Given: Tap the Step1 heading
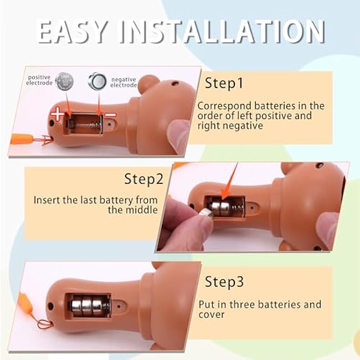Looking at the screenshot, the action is (224, 83).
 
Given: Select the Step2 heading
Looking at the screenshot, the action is (144, 179).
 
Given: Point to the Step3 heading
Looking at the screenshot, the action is (224, 281).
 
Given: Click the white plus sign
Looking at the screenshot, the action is (57, 114).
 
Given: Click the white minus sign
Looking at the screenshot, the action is (110, 114).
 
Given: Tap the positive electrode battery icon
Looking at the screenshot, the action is (64, 81).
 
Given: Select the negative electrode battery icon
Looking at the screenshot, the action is (97, 81).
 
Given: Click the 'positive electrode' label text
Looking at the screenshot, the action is (39, 80).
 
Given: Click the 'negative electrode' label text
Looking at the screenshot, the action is (124, 82).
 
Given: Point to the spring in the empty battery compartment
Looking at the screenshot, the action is (90, 125).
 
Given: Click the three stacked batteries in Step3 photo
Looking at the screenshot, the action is (89, 305).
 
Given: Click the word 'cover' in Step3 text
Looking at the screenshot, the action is (211, 315).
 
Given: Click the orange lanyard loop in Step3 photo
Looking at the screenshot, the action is (45, 324).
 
